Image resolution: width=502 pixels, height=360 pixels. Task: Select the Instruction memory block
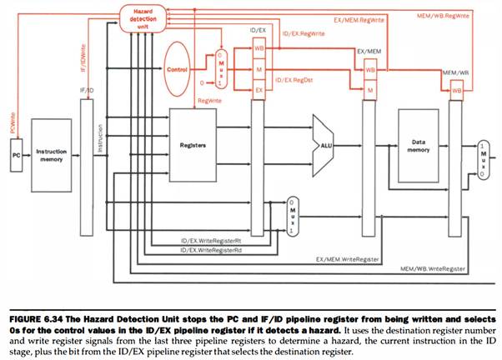[x=52, y=156]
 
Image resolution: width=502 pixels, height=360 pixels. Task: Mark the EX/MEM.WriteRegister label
[x=347, y=259]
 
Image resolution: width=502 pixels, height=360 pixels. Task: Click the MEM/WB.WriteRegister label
[x=431, y=268]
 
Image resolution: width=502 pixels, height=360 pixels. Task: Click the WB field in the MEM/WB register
[x=456, y=89]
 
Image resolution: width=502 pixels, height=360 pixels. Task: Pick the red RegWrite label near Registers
[x=208, y=101]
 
